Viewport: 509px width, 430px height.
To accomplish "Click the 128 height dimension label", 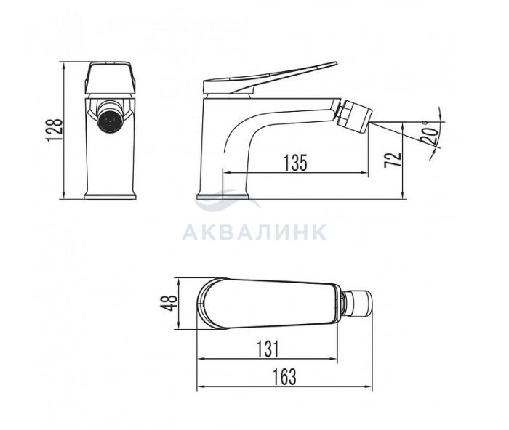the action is point(55,130).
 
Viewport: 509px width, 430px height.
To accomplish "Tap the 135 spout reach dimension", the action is point(295,163).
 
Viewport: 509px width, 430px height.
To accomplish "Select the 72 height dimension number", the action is point(393,160).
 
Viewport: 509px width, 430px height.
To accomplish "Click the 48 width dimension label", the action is point(169,303).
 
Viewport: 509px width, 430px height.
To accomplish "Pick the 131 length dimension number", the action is point(268,349).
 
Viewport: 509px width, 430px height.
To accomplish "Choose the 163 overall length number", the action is point(285,376).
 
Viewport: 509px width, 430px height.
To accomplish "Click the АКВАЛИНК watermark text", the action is point(254,232).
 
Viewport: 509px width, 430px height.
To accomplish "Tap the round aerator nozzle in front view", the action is point(110,119).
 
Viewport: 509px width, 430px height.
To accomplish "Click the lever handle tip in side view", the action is point(336,63).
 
